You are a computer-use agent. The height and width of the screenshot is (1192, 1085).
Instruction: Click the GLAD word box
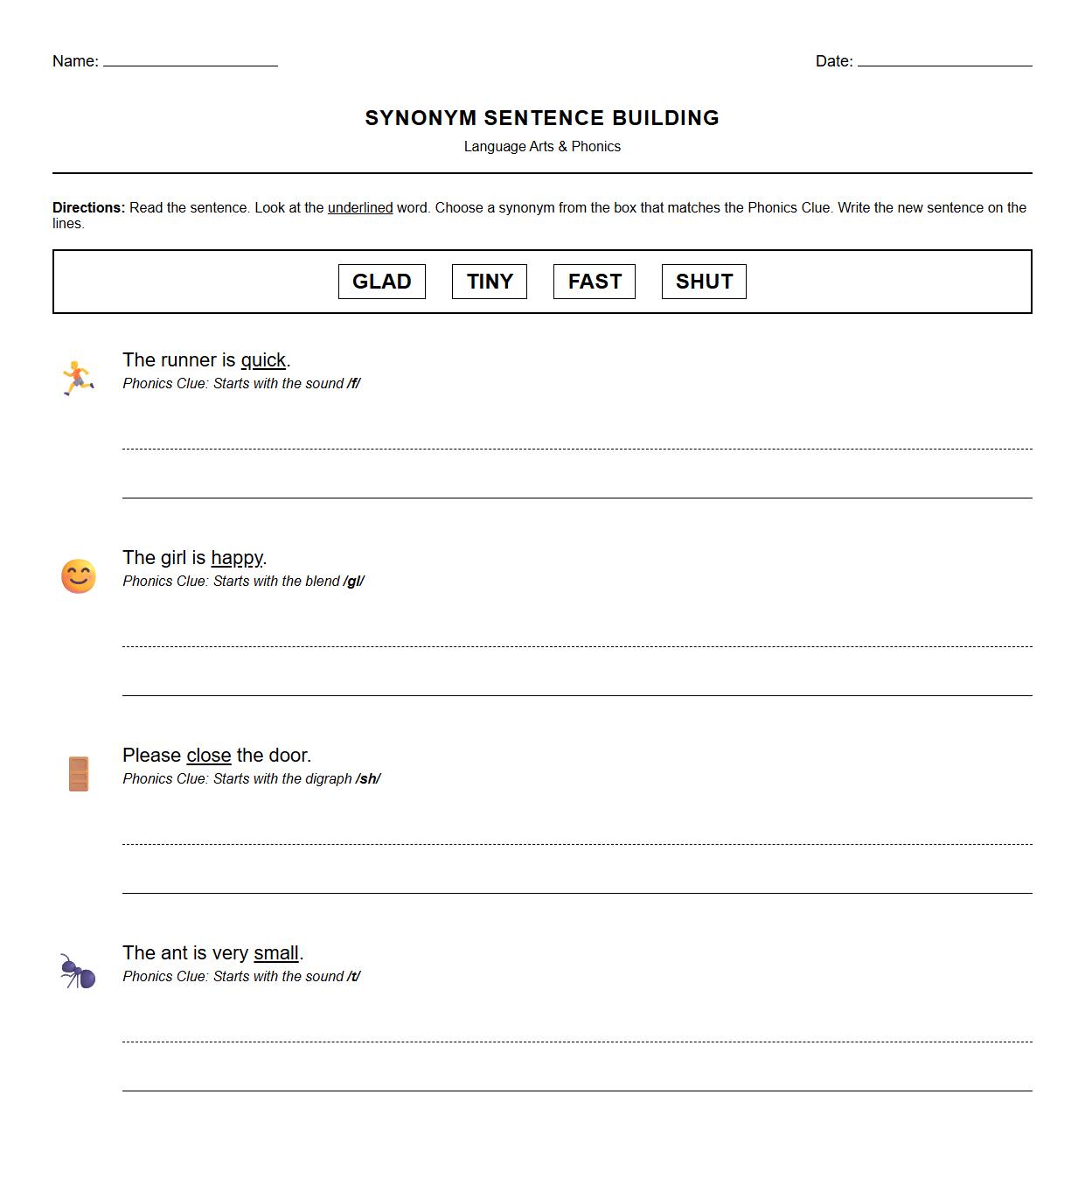click(381, 282)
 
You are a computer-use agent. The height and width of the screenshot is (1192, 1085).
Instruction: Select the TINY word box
click(489, 282)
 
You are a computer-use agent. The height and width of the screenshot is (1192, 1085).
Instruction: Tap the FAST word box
click(595, 282)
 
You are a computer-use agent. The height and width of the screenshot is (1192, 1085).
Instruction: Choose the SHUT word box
click(704, 282)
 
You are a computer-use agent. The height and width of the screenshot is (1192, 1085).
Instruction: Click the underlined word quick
click(263, 360)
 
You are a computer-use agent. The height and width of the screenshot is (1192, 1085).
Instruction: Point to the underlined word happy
click(237, 558)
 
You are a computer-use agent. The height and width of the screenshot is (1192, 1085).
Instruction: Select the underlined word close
click(209, 756)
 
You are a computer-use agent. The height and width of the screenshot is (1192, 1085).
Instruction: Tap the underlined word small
click(276, 953)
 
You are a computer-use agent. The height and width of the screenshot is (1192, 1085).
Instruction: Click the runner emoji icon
click(78, 378)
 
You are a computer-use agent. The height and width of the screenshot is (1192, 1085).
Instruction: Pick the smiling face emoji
click(79, 576)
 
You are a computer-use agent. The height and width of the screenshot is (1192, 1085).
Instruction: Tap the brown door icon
click(79, 774)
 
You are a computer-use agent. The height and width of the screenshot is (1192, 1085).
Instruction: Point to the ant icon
click(78, 972)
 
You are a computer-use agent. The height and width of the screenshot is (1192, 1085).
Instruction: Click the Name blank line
click(190, 63)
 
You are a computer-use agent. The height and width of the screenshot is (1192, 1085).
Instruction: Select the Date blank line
click(944, 63)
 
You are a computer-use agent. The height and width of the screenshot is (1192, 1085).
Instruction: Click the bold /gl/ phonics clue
click(354, 582)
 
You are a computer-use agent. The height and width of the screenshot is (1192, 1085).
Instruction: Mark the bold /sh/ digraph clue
click(368, 779)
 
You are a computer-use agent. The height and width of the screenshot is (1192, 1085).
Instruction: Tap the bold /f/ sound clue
click(353, 384)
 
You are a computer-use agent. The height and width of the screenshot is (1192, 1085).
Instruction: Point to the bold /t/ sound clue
click(353, 977)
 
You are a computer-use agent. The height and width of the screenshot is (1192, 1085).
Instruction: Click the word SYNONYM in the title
click(421, 118)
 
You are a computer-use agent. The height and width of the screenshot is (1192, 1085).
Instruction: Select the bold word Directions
click(88, 208)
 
